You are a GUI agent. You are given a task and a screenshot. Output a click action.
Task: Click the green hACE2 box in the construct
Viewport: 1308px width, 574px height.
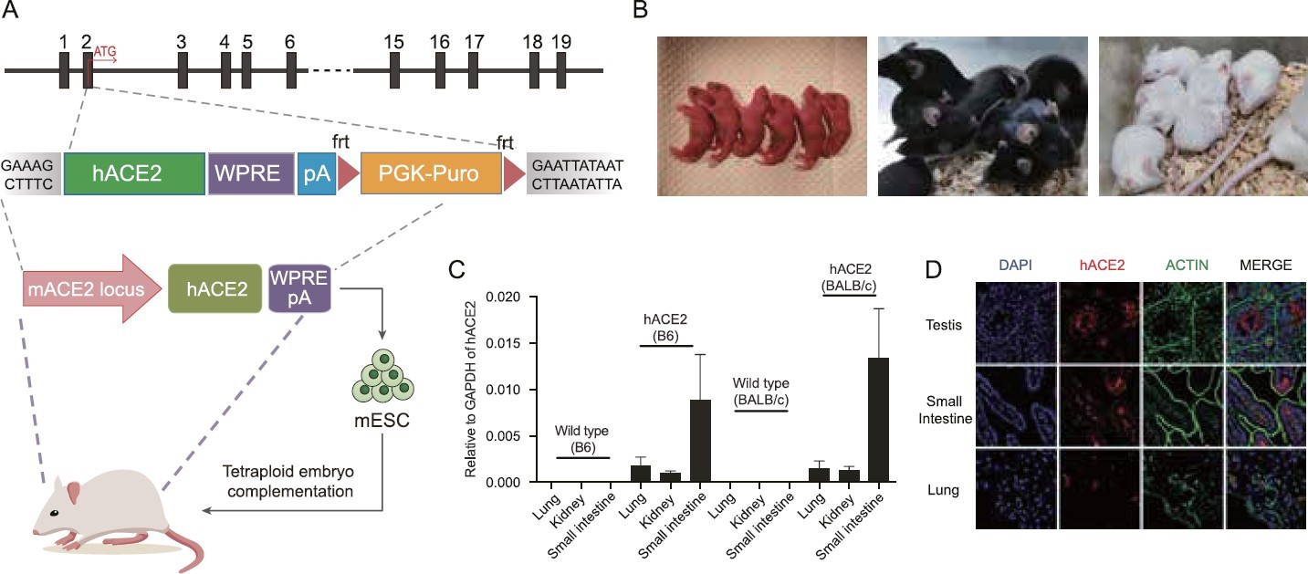pyautogui.click(x=133, y=173)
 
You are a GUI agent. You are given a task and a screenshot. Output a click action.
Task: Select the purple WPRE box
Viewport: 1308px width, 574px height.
pyautogui.click(x=251, y=173)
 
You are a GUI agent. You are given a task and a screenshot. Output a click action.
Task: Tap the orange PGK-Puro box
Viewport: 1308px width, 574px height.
pyautogui.click(x=431, y=173)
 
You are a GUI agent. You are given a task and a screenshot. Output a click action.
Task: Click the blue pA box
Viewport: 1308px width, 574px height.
pyautogui.click(x=317, y=173)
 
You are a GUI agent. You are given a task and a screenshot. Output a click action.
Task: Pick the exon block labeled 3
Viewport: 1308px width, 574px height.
pyautogui.click(x=183, y=70)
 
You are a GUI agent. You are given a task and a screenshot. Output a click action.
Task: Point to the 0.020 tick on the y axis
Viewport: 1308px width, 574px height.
pyautogui.click(x=508, y=297)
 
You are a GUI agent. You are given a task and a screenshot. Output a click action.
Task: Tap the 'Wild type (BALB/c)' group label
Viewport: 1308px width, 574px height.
pyautogui.click(x=762, y=389)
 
